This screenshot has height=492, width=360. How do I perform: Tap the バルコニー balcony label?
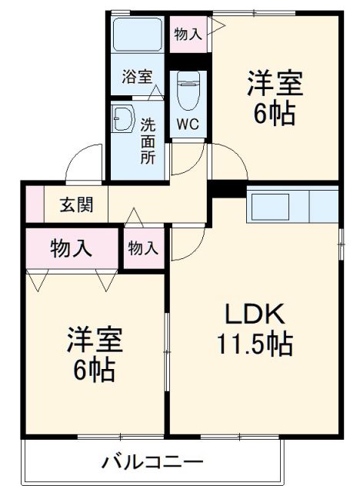click(152, 463)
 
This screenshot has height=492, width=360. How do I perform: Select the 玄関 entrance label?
click(77, 205)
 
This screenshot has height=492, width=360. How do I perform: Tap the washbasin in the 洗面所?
click(124, 120)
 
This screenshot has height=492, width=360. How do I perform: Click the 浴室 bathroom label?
click(137, 77)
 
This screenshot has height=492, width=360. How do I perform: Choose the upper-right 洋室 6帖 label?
click(275, 98)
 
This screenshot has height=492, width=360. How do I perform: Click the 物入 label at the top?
click(188, 35)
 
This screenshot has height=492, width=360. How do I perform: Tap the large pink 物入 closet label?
click(72, 248)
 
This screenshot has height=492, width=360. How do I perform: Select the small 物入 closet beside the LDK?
click(143, 248)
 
